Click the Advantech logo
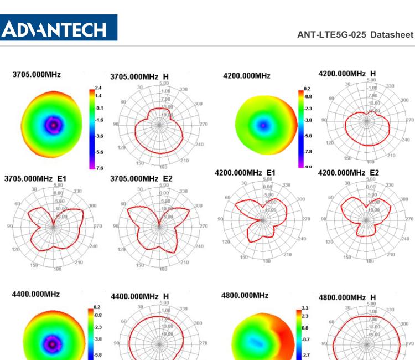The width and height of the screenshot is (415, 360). pyautogui.click(x=59, y=27)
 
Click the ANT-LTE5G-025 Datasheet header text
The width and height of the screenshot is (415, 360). pyautogui.click(x=355, y=35)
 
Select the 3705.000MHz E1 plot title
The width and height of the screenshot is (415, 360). pyautogui.click(x=35, y=178)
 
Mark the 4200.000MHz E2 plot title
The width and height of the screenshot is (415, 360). pyautogui.click(x=349, y=173)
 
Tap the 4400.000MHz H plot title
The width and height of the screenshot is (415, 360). pyautogui.click(x=140, y=297)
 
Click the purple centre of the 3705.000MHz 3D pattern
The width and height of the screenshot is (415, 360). pyautogui.click(x=53, y=125)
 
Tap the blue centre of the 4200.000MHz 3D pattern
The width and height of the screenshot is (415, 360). pyautogui.click(x=264, y=126)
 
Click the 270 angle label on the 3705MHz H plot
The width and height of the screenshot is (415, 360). pyautogui.click(x=203, y=124)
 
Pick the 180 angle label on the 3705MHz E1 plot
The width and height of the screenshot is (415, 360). pyautogui.click(x=57, y=269)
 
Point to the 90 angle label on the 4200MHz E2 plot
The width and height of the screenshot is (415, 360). pyautogui.click(x=325, y=219)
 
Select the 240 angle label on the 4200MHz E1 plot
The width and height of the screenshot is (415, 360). pyautogui.click(x=303, y=239)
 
